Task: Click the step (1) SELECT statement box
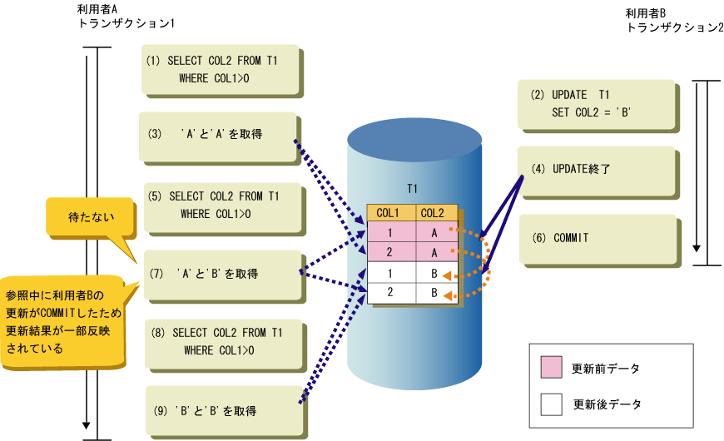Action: point(218,69)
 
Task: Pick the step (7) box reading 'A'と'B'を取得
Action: point(221,273)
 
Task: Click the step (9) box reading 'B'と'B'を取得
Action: point(222,410)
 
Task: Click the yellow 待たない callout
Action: point(89,217)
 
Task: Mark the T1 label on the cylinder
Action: point(412,188)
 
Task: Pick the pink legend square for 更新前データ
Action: point(552,367)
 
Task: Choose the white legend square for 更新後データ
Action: point(552,404)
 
